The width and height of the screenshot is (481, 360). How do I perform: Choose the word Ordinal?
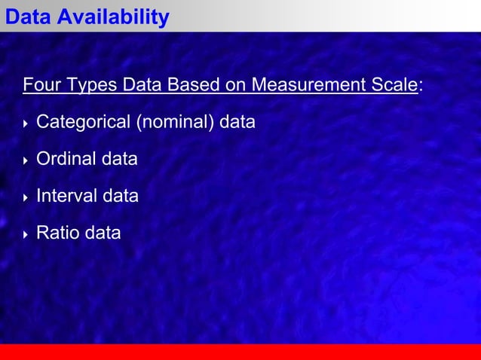click(x=65, y=159)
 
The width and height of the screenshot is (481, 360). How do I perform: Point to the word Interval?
click(x=66, y=196)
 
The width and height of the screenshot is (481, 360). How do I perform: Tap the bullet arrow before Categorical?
click(x=26, y=123)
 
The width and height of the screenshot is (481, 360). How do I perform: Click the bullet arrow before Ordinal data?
click(x=26, y=160)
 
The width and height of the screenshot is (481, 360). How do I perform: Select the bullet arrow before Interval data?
click(x=26, y=197)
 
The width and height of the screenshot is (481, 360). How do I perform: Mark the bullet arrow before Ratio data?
click(x=26, y=233)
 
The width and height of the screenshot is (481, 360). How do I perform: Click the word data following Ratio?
click(x=103, y=233)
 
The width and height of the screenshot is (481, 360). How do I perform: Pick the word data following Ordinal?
click(x=120, y=159)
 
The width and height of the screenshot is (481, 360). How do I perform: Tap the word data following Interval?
click(x=121, y=196)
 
